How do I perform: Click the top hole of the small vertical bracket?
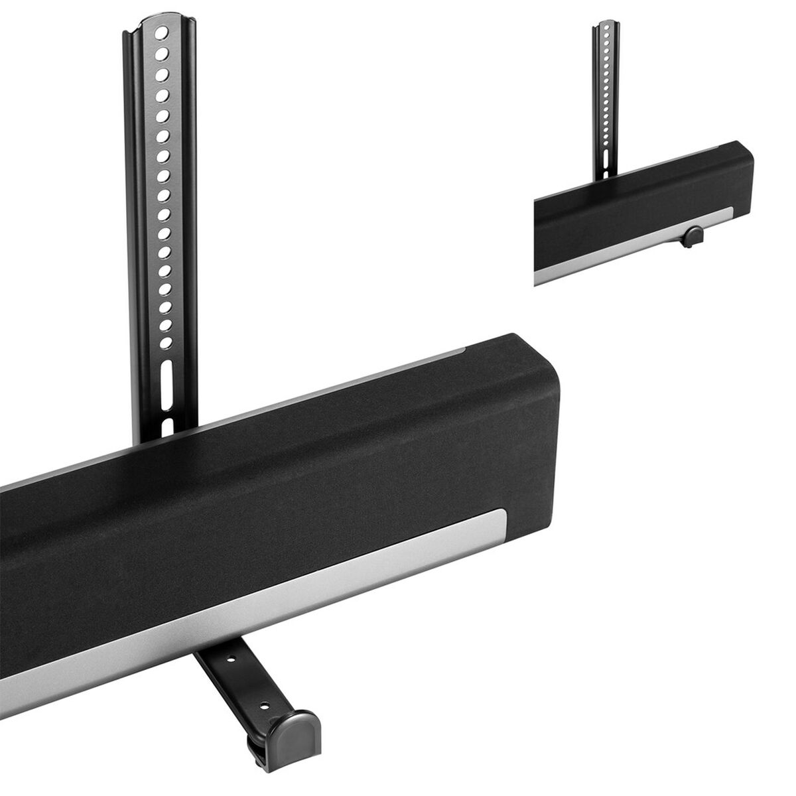(x=604, y=27)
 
